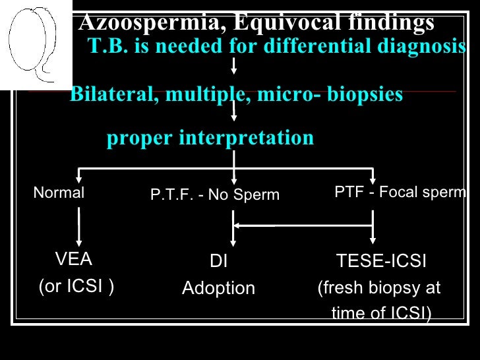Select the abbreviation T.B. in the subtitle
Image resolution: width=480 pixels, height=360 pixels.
coord(105,47)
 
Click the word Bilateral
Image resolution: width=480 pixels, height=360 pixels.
coord(111,95)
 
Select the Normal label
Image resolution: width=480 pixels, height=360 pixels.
coord(59,193)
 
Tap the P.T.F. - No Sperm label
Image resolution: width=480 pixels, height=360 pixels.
coord(215,195)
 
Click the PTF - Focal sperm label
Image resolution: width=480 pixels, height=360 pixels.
coord(400,193)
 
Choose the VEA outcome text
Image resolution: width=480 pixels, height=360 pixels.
coord(74,260)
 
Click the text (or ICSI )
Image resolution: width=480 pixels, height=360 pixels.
coord(76,287)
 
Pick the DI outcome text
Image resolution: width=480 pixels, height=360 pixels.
coord(218,262)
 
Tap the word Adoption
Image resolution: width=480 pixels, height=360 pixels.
coord(218,289)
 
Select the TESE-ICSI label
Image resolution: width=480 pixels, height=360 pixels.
coord(381,262)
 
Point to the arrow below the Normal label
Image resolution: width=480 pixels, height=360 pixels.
coord(79,227)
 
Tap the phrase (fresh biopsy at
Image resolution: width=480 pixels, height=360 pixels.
coord(379,289)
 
